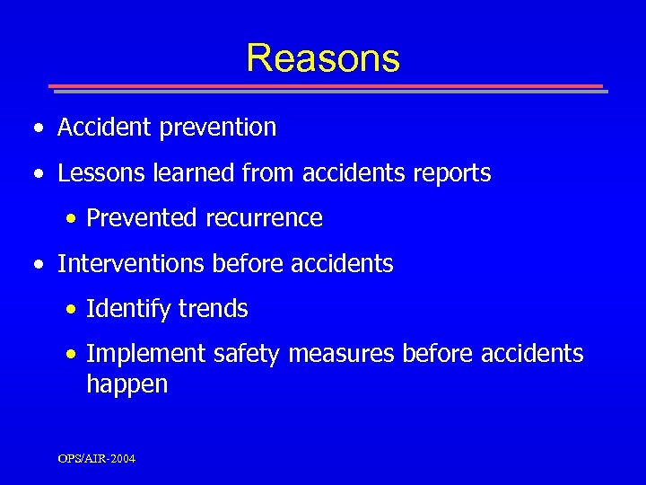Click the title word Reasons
[323, 58]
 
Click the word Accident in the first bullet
[104, 128]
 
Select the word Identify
[128, 310]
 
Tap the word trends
[213, 310]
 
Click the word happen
[127, 385]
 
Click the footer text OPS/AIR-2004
[97, 459]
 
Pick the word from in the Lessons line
[268, 173]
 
